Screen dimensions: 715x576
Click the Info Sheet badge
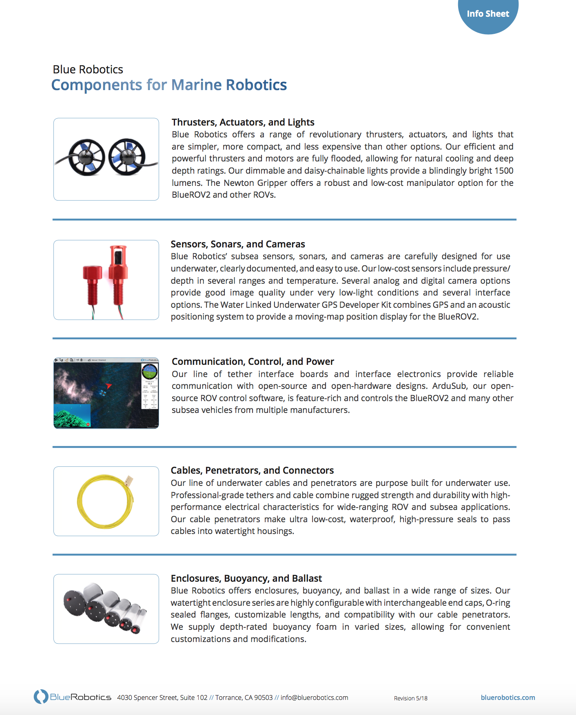click(488, 14)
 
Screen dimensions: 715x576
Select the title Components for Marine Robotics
click(169, 85)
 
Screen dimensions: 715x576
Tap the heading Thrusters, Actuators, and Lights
click(243, 122)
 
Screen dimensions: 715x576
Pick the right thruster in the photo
click(126, 157)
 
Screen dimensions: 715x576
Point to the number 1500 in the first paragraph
click(503, 171)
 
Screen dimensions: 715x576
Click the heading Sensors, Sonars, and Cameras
click(237, 244)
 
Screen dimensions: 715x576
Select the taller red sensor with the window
click(118, 273)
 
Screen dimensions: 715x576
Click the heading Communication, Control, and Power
click(253, 362)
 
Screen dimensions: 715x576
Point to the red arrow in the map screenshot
click(109, 385)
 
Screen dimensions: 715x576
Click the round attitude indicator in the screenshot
click(150, 371)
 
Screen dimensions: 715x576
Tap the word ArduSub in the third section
click(449, 386)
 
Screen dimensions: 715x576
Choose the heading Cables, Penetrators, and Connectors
click(252, 470)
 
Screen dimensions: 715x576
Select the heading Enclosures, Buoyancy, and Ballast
click(246, 578)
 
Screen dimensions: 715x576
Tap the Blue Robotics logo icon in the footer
click(41, 697)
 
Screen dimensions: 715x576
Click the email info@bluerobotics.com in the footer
click(314, 697)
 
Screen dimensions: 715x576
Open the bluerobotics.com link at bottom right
click(507, 697)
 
